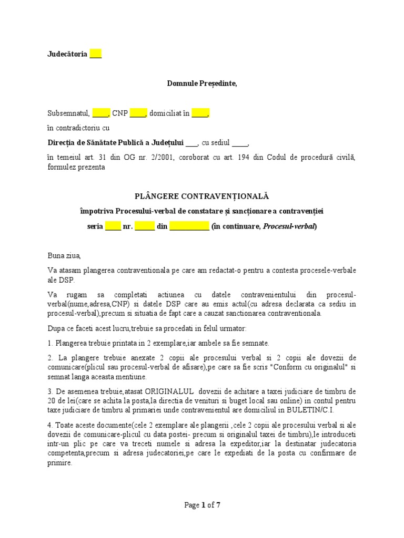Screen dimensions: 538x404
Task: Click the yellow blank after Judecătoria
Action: (x=95, y=54)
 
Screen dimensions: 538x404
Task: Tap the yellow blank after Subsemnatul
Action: (x=100, y=112)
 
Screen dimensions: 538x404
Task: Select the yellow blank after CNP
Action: (x=138, y=112)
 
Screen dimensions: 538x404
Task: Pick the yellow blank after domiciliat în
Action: (x=200, y=112)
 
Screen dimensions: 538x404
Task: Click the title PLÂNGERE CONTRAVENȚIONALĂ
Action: (x=202, y=196)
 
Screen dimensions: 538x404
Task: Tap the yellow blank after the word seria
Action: (x=113, y=227)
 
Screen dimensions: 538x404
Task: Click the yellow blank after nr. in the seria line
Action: (x=145, y=227)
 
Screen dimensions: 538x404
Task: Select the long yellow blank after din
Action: (x=189, y=227)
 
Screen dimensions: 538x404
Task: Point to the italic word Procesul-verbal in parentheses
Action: (x=289, y=227)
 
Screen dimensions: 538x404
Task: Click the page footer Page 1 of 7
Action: (x=202, y=505)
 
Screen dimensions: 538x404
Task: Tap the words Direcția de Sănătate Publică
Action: (x=100, y=142)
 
